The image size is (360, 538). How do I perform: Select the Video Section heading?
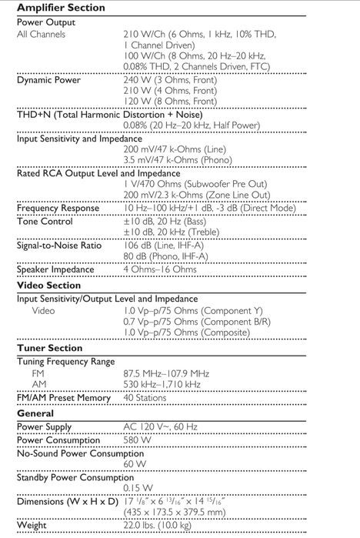pyautogui.click(x=48, y=285)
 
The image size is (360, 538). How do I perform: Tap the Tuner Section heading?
pyautogui.click(x=49, y=348)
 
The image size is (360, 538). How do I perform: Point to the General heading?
pyautogui.click(x=35, y=413)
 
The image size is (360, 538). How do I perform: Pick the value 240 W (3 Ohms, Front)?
pyautogui.click(x=170, y=79)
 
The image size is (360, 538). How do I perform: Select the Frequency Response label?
pyautogui.click(x=58, y=208)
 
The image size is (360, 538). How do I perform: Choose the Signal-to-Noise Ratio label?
pyautogui.click(x=59, y=246)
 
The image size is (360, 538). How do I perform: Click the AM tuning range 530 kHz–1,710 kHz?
pyautogui.click(x=162, y=384)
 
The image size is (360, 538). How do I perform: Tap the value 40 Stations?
pyautogui.click(x=145, y=398)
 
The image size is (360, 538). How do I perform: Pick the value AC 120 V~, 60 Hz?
pyautogui.click(x=160, y=426)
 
